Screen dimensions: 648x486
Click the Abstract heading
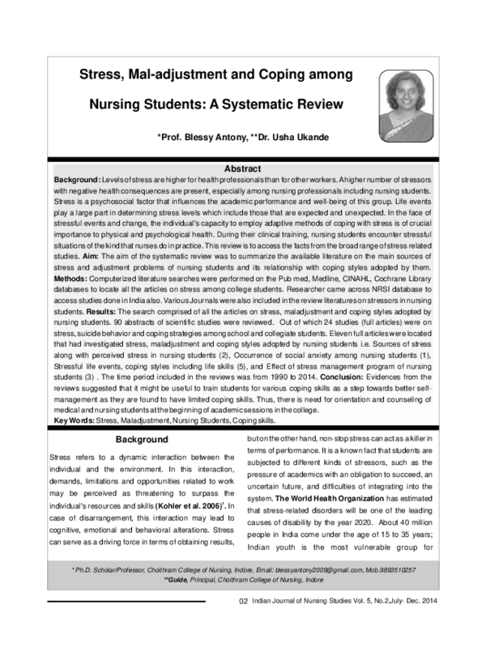point(242,168)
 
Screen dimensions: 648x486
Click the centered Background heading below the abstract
point(141,439)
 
